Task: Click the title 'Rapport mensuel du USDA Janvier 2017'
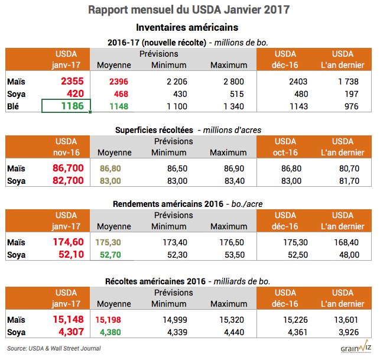coord(190,10)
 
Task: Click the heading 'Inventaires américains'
coord(190,28)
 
